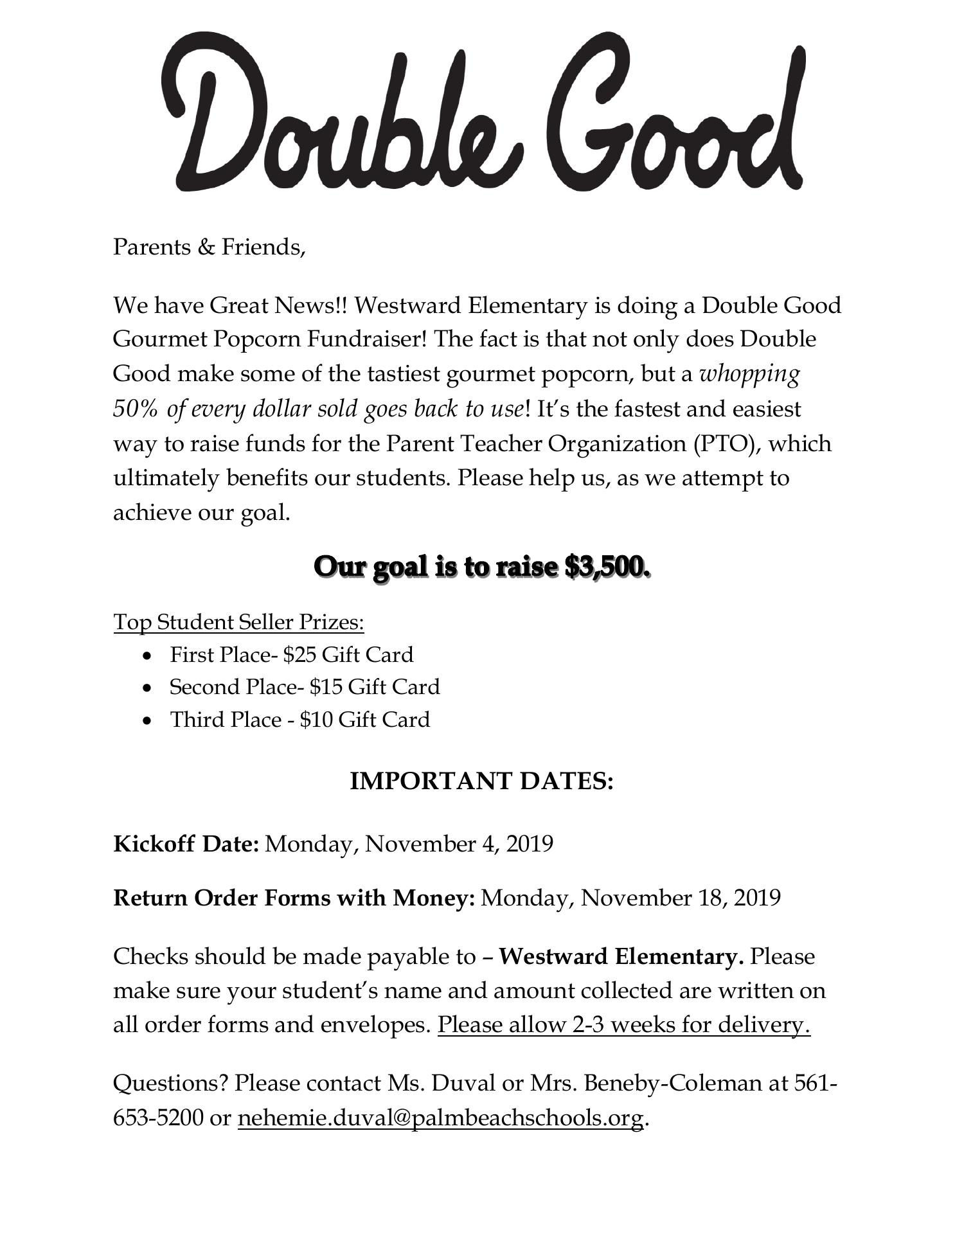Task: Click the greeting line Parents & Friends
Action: [209, 247]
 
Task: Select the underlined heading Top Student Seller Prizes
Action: [239, 622]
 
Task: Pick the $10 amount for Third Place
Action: [316, 720]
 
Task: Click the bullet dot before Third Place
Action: [148, 721]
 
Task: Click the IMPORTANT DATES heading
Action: [481, 781]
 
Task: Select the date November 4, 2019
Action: [459, 844]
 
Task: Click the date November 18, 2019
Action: [681, 898]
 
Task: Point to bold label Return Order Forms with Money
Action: [294, 898]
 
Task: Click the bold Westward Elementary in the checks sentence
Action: [621, 957]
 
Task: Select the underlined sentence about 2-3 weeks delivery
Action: [623, 1025]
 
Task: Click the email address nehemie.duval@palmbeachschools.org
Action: [440, 1119]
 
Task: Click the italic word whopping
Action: [749, 373]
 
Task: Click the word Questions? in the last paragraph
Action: [170, 1083]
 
